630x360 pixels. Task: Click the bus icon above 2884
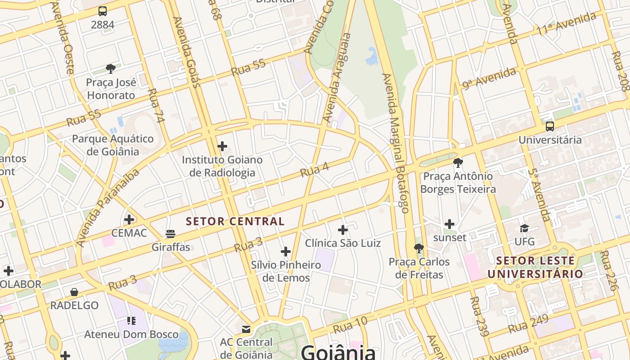click(103, 11)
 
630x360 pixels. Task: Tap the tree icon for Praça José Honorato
click(111, 69)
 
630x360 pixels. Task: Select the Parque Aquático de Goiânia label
click(113, 145)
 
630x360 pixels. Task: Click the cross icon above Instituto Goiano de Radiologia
click(222, 146)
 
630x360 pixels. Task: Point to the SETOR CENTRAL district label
click(235, 221)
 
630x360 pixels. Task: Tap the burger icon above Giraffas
click(171, 234)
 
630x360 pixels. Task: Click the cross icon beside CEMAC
click(129, 220)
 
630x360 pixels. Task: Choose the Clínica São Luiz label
click(343, 243)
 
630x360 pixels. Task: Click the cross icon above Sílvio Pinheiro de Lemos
click(286, 252)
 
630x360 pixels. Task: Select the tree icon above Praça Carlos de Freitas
click(419, 248)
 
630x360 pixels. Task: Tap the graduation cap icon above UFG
click(524, 229)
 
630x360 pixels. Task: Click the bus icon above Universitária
click(549, 126)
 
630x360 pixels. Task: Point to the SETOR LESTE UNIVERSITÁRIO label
click(535, 267)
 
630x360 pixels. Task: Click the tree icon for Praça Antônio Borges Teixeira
click(458, 162)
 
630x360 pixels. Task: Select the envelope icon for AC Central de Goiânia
click(246, 329)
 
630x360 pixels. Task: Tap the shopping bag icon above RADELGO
click(74, 292)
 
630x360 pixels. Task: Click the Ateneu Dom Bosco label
click(131, 334)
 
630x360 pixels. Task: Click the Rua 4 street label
click(315, 170)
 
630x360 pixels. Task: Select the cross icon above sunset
click(450, 224)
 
